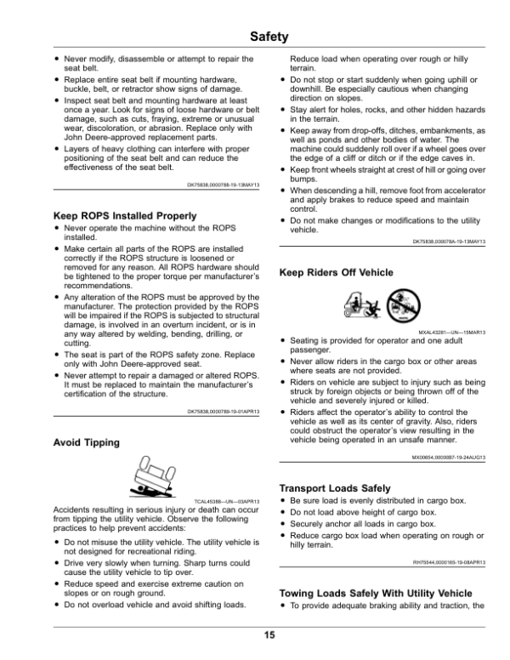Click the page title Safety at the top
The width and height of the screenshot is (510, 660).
click(255, 37)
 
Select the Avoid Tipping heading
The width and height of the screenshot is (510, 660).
click(87, 442)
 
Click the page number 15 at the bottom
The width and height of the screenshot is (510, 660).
click(255, 635)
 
